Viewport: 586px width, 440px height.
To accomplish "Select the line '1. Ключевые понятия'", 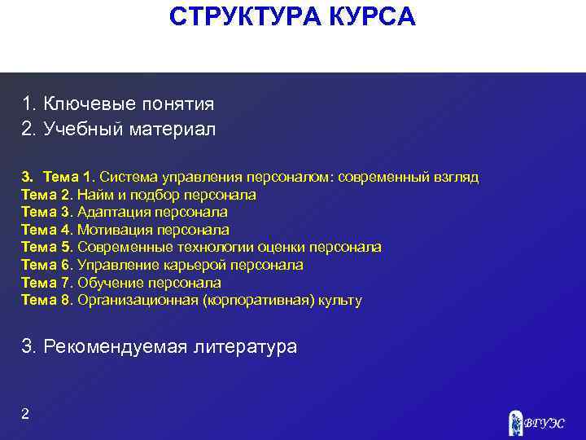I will (118, 104).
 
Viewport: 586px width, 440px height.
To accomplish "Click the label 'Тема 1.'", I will (69, 177).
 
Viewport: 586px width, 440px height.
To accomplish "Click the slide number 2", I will (25, 414).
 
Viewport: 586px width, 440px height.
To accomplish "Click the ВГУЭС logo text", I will (544, 423).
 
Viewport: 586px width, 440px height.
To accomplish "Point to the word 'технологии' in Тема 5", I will (220, 248).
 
